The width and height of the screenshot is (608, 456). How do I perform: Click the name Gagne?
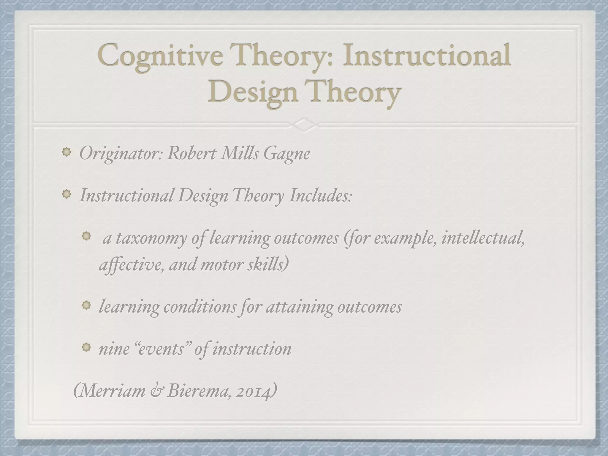pos(286,154)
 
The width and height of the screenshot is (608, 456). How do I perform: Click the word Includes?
pos(321,196)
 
